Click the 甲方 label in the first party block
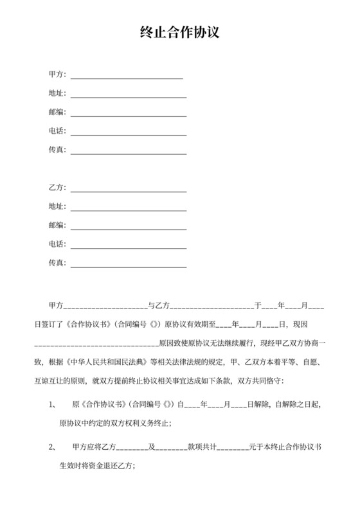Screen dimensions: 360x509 tap(56, 75)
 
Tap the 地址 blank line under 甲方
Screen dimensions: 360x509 tap(129, 96)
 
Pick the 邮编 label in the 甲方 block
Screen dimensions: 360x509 tap(56, 112)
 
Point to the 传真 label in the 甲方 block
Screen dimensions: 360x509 tap(56, 150)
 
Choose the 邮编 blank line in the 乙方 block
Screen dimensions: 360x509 tap(129, 228)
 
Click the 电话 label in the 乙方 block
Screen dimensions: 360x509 tap(56, 244)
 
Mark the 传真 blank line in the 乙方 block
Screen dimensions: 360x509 tap(129, 266)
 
